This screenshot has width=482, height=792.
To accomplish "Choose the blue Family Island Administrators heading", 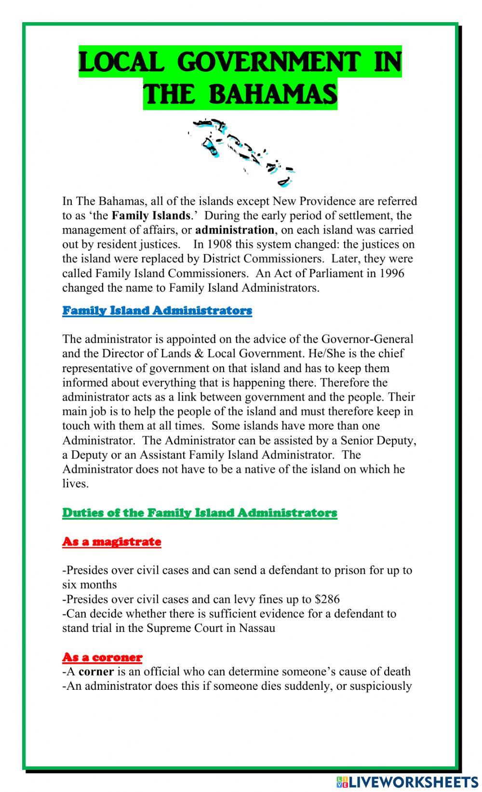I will [157, 310].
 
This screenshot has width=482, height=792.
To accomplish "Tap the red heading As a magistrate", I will [111, 541].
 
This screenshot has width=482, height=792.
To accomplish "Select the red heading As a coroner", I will [102, 657].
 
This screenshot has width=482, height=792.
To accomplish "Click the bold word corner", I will [96, 671].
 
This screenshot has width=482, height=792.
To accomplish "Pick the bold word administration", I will [235, 230].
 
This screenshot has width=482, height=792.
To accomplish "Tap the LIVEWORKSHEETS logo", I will [407, 781].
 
